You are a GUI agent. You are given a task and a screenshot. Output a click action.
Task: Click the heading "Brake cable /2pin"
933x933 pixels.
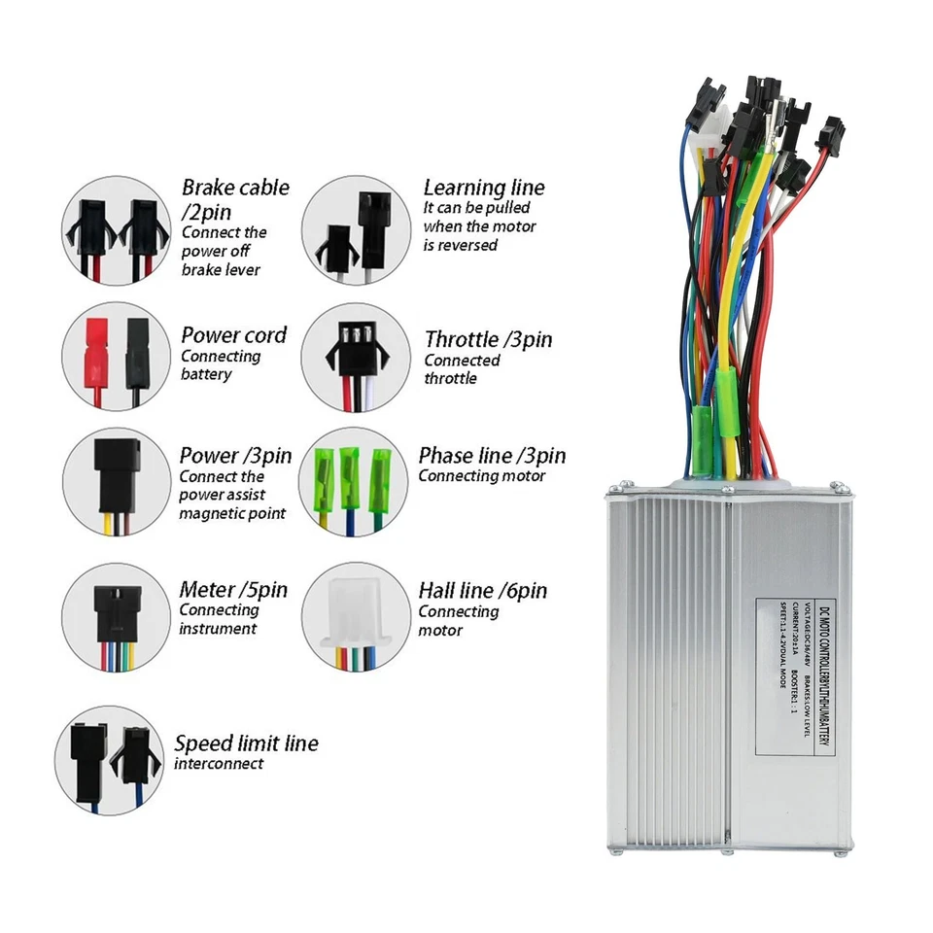[235, 197]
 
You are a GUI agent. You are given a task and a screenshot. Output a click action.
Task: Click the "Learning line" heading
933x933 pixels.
[484, 188]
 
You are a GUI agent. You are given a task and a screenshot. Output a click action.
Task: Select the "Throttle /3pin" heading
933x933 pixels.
[488, 339]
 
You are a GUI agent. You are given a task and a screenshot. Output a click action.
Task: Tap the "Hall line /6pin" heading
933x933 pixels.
[482, 590]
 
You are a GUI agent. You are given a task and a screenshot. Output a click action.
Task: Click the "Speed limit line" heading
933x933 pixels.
[246, 743]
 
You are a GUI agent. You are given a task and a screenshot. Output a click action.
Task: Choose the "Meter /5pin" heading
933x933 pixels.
[233, 589]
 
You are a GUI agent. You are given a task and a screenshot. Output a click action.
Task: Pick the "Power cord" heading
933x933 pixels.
[233, 335]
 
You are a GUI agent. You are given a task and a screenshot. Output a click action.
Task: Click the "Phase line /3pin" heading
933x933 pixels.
[492, 455]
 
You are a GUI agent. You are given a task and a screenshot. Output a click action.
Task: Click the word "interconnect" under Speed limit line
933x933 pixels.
[219, 764]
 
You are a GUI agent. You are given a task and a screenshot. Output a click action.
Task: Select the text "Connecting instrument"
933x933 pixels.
[219, 619]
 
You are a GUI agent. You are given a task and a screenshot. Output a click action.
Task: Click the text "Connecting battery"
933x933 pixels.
[221, 364]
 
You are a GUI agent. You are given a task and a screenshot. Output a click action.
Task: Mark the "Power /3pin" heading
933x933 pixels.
[235, 455]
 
